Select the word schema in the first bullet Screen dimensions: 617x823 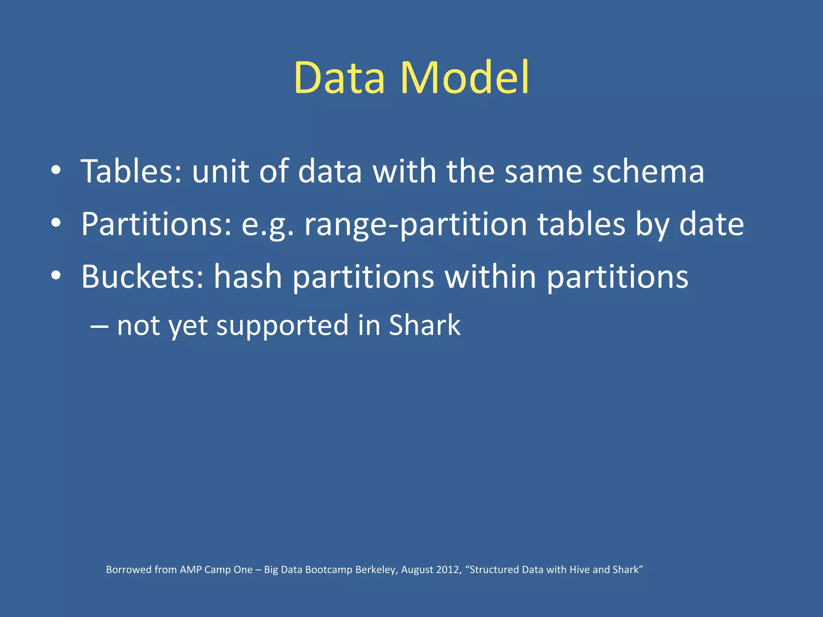[x=648, y=172]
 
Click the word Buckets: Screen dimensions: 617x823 [x=142, y=277]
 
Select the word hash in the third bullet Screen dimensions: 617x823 [x=248, y=277]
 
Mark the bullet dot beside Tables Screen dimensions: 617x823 [x=56, y=170]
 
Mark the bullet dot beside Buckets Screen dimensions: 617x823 [x=56, y=276]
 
